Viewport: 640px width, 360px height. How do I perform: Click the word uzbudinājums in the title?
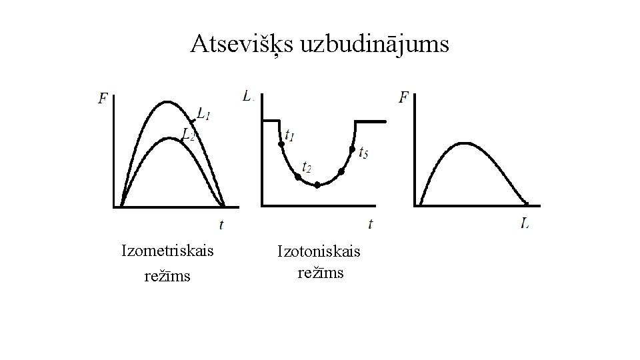[x=375, y=45]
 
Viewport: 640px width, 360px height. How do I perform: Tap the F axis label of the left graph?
[x=103, y=99]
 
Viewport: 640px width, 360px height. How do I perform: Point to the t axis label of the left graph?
[x=221, y=225]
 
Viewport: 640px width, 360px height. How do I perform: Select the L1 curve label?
[x=204, y=115]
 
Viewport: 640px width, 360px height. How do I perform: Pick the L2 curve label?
[x=189, y=135]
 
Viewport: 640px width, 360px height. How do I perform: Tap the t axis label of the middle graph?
[x=370, y=223]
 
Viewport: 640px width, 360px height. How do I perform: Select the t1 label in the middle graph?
[x=289, y=135]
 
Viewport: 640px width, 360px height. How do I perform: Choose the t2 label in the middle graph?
[x=307, y=167]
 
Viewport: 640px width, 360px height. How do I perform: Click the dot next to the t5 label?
[x=352, y=150]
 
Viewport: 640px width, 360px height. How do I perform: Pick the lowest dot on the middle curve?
[x=317, y=185]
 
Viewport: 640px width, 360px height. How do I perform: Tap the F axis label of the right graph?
[x=403, y=98]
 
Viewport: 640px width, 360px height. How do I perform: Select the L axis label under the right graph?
[x=526, y=223]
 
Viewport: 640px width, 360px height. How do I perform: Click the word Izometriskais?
[x=167, y=251]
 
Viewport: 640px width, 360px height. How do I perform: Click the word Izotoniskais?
[x=319, y=252]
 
